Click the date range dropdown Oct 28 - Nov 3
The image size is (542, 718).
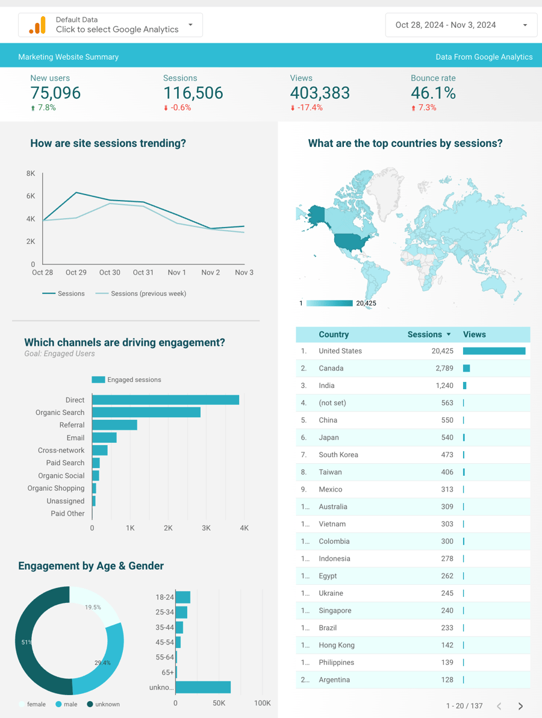coord(461,25)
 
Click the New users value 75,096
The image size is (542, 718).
coord(55,93)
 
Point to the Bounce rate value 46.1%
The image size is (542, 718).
coord(433,93)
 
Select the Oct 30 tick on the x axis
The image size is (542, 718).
coord(110,273)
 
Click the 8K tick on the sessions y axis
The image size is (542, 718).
coord(31,173)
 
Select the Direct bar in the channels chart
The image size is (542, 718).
coord(166,400)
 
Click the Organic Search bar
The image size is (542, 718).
coord(146,413)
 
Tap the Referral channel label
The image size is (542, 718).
coord(72,425)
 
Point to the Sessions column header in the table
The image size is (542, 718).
coord(425,334)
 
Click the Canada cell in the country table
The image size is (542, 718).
coord(331,368)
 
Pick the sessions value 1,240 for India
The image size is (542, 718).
coord(444,386)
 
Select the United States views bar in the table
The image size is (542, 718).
coord(494,351)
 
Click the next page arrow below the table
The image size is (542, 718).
coord(520,706)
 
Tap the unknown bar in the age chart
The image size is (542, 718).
coord(203,687)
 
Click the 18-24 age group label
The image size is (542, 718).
coord(164,598)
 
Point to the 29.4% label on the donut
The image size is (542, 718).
coord(102,663)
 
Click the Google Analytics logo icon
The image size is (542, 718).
coord(37,25)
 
